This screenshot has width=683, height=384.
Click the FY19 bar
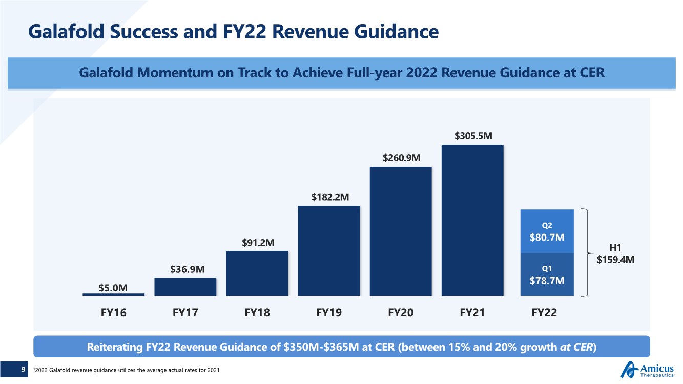point(328,250)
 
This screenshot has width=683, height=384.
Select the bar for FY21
point(472,220)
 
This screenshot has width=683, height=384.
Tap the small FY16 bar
point(113,294)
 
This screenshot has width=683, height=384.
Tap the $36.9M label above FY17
point(186,268)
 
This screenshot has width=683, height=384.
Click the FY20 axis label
point(401,312)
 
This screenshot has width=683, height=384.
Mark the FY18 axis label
point(257,312)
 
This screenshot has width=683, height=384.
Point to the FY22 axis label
point(544,312)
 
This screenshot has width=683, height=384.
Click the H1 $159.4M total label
point(616,254)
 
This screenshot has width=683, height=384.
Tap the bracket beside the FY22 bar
point(587,252)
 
